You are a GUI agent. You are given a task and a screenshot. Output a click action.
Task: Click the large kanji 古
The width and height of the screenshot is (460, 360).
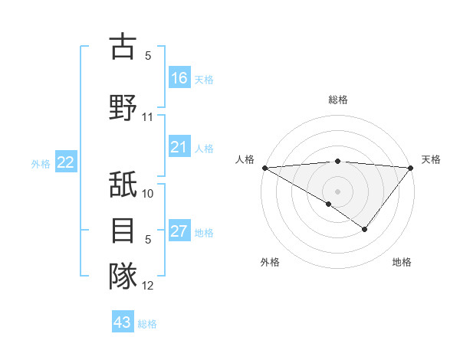coord(123,47)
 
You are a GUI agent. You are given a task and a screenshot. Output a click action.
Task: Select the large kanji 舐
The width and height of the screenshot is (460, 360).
coord(123,186)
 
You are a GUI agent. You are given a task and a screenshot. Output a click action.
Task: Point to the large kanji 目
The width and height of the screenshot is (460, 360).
coord(123,231)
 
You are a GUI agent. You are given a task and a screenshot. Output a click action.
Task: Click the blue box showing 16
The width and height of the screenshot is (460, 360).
coord(179,78)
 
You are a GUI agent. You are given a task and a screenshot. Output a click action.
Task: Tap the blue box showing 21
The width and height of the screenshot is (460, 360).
coord(179,148)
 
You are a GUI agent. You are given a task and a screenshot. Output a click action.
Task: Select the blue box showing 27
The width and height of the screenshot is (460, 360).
coord(179,232)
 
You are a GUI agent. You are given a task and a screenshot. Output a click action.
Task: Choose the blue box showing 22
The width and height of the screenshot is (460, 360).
coord(66,162)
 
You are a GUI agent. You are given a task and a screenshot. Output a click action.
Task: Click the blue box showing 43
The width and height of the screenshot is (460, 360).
coord(123,322)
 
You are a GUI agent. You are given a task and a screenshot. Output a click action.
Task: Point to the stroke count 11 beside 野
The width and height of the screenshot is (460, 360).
coord(148,117)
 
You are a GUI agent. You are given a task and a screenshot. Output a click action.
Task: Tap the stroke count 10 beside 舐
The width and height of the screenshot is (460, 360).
coord(148,194)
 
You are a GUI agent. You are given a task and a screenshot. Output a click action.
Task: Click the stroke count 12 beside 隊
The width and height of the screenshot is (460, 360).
coord(148,286)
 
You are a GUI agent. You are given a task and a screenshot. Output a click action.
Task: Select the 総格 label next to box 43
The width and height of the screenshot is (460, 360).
coord(147,324)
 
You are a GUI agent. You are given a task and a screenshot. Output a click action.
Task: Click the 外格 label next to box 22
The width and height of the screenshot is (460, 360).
coord(41,163)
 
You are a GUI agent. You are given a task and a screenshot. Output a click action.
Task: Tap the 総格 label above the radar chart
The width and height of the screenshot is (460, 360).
coord(337,100)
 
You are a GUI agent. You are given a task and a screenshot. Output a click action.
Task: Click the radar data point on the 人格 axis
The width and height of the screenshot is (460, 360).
coord(264,167)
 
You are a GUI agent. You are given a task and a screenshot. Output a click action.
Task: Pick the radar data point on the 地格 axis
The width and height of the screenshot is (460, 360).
coord(365,229)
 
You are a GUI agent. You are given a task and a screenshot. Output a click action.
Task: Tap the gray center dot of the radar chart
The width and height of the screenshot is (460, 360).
coord(337,191)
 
